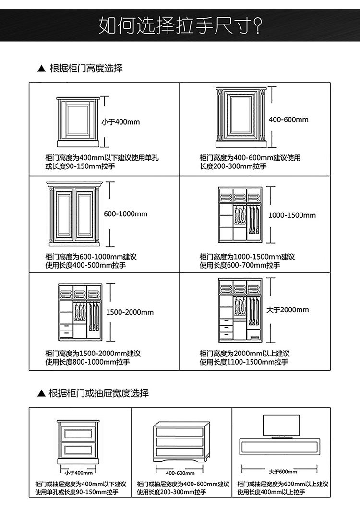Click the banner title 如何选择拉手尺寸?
[180, 25]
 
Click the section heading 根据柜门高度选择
[86, 69]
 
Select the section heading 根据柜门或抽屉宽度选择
[99, 393]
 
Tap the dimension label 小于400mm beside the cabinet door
[120, 122]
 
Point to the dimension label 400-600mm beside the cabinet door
[288, 119]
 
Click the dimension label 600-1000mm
[126, 214]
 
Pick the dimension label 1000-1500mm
[292, 215]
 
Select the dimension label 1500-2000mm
[130, 312]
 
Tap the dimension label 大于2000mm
[288, 310]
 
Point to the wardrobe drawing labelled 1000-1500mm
[240, 214]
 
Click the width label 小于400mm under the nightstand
[78, 473]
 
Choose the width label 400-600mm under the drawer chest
[180, 473]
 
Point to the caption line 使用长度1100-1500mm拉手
[244, 362]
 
